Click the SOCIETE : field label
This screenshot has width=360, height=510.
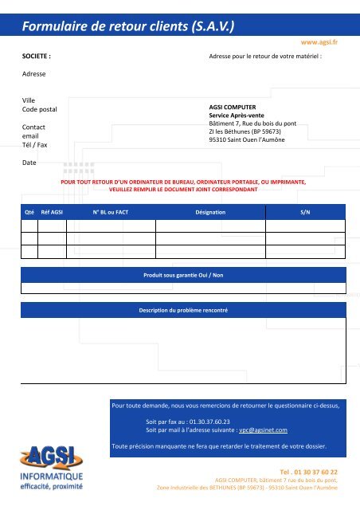point(37,57)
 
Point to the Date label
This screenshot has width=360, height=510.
point(29,163)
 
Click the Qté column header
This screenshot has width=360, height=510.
point(29,213)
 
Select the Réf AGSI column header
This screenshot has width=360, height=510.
point(53,213)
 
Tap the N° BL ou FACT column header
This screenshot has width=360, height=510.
point(111,213)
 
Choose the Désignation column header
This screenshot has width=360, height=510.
point(210,213)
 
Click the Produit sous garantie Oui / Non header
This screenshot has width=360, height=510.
point(183,275)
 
